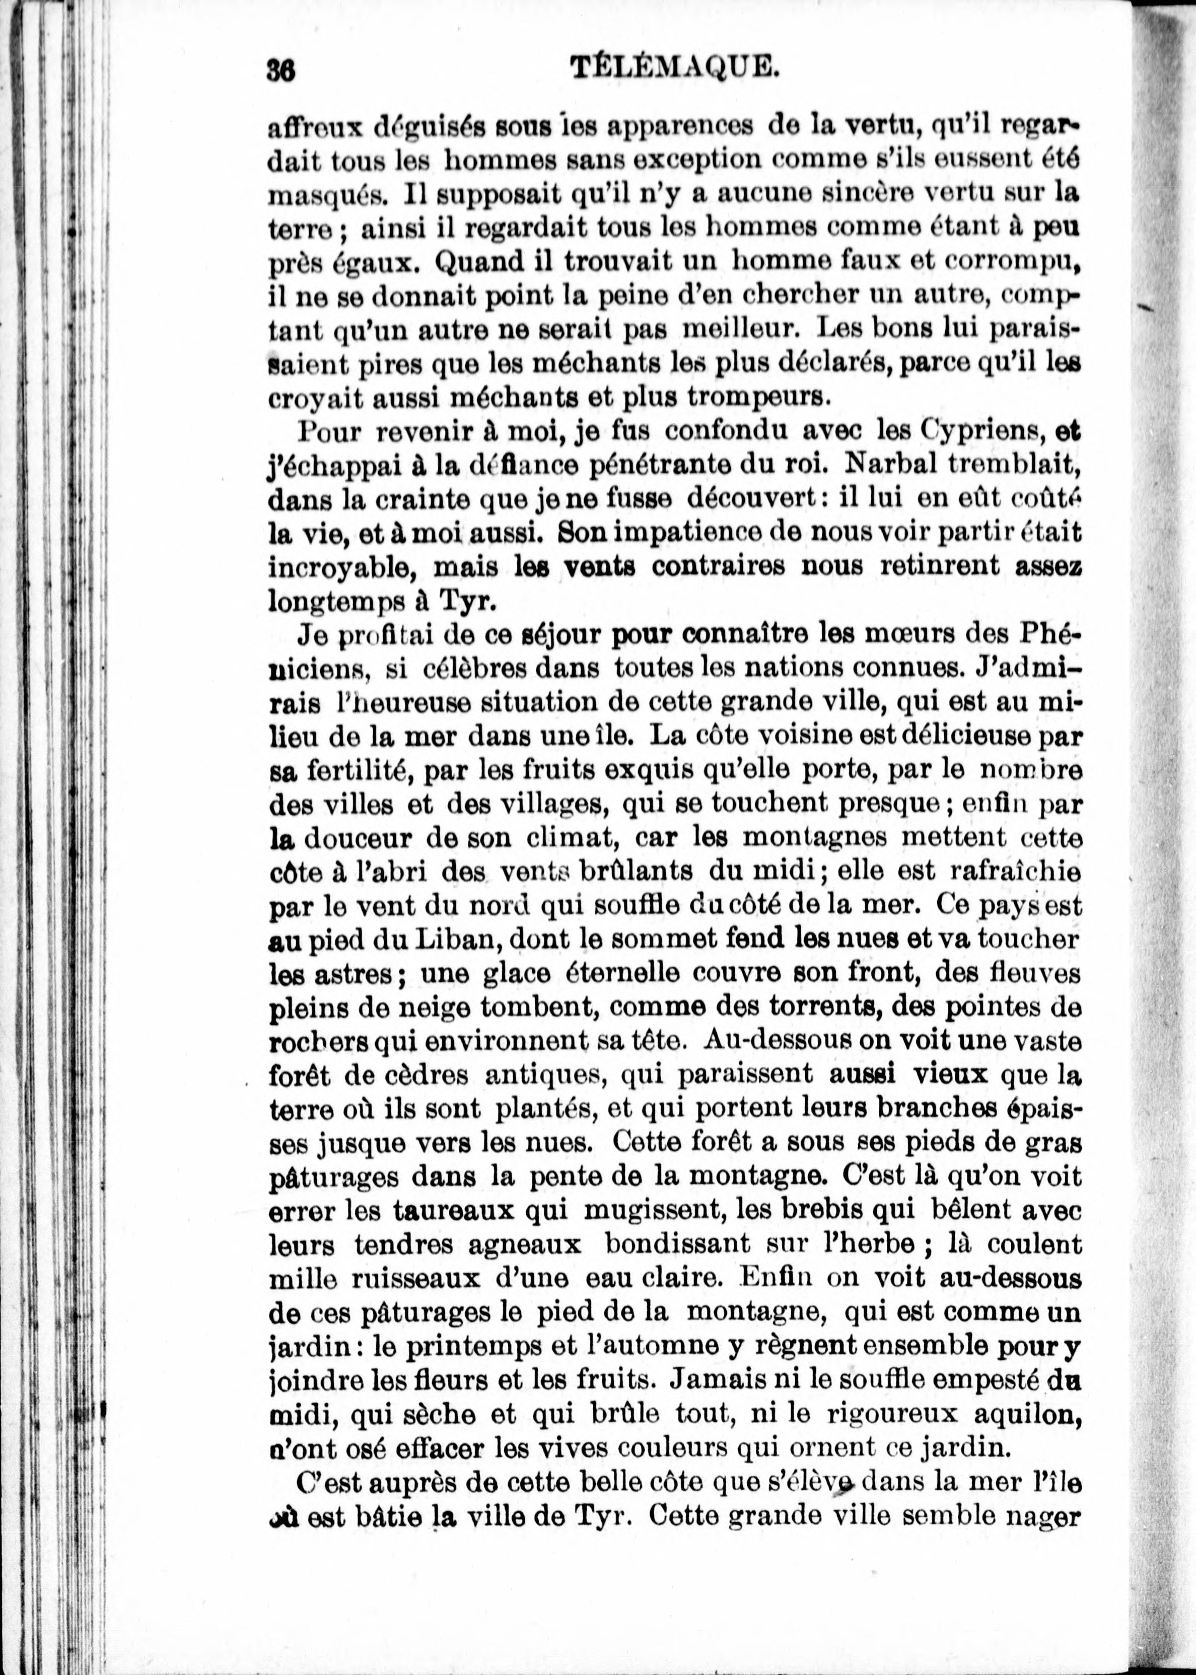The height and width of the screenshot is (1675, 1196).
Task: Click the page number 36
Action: tap(282, 71)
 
